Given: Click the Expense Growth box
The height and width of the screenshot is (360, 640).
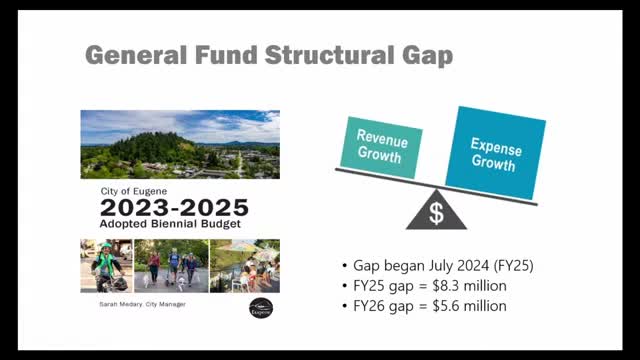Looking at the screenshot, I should (495, 151).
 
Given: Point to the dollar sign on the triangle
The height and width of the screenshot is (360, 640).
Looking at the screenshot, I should (436, 213).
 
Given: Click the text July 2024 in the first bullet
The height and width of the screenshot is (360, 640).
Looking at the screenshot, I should (442, 267).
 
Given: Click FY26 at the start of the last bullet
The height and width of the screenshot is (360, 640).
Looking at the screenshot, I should (370, 305).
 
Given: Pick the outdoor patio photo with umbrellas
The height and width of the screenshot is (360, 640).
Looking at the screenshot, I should (245, 266).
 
